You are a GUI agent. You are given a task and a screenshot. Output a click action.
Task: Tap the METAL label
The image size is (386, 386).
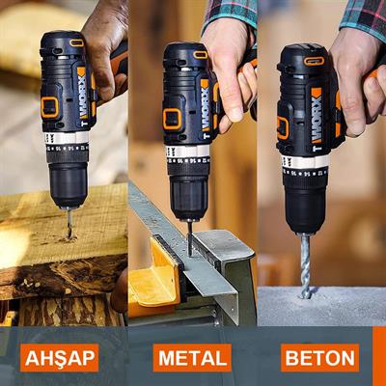192,359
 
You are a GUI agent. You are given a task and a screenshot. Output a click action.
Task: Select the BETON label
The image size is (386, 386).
319,359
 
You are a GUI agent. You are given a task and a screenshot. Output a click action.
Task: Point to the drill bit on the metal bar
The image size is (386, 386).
189,235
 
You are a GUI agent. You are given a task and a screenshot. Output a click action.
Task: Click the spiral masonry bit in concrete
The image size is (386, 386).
306,264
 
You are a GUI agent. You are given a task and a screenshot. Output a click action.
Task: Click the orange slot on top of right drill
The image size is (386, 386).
315,61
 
